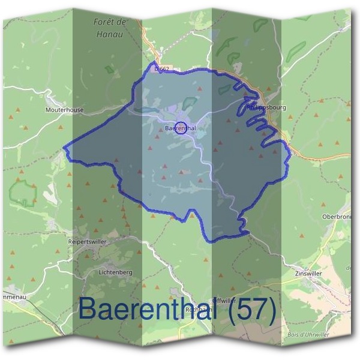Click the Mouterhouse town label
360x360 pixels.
coord(64,110)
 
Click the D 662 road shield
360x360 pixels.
coord(163,70)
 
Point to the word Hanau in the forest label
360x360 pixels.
coord(109,34)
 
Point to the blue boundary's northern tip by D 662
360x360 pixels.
coord(155,62)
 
